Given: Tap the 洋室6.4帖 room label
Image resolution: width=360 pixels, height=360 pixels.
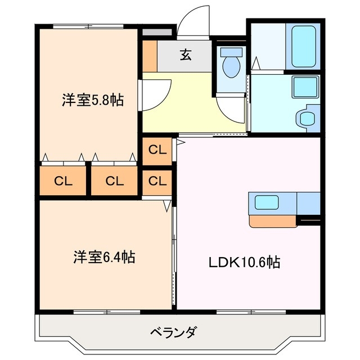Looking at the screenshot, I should pyautogui.click(x=103, y=258).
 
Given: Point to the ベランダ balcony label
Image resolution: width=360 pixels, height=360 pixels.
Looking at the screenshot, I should pyautogui.click(x=173, y=332).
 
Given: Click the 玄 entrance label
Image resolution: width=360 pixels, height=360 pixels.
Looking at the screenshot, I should pyautogui.click(x=185, y=55).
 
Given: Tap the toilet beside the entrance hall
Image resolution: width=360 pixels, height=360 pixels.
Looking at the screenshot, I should pyautogui.click(x=230, y=64).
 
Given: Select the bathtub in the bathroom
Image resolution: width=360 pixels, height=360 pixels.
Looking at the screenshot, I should pyautogui.click(x=304, y=45).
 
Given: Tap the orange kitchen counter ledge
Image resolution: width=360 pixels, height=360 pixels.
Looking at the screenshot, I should pyautogui.click(x=272, y=220).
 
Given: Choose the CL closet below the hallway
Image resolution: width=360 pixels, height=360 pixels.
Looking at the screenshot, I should pyautogui.click(x=158, y=150).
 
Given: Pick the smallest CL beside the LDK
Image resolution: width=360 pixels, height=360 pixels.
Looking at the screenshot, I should pyautogui.click(x=158, y=181).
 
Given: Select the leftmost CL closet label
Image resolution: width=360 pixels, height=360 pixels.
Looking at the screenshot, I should pyautogui.click(x=63, y=181).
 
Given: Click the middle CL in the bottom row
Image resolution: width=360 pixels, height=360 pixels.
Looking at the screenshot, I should pyautogui.click(x=114, y=181).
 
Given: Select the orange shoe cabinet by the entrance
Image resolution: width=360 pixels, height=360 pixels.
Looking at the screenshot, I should pyautogui.click(x=150, y=55).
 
